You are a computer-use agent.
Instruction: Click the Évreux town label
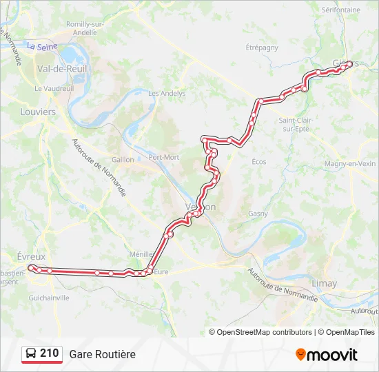[x=30, y=256]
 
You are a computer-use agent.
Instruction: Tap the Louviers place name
[x=38, y=112]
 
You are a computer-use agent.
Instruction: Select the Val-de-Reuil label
[x=57, y=69]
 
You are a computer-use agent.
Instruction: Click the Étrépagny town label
[x=262, y=48]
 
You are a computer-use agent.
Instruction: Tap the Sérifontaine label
[x=340, y=10]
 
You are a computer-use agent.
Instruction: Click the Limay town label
[x=324, y=284]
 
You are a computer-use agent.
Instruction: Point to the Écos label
[x=259, y=162]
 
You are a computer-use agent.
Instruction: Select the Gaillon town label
[x=123, y=159]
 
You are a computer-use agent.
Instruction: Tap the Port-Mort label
[x=164, y=157]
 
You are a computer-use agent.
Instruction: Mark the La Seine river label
[x=41, y=46]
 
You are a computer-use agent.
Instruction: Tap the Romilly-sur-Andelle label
[x=85, y=28]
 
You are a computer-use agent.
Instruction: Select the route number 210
[x=49, y=353]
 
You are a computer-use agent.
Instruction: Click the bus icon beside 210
[x=31, y=354]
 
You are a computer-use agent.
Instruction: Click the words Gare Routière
[x=102, y=354]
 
